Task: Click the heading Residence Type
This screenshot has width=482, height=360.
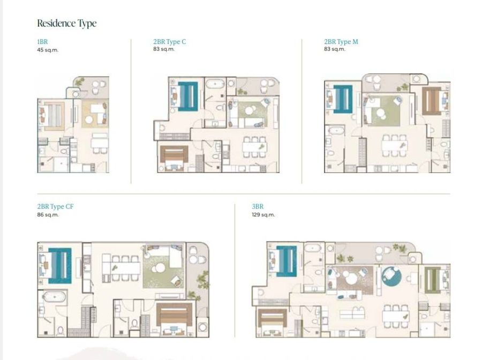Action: click(x=67, y=24)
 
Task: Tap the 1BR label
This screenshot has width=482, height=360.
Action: click(x=42, y=42)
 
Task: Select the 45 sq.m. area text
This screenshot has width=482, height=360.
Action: click(x=48, y=50)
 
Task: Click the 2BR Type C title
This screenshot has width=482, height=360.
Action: click(x=170, y=41)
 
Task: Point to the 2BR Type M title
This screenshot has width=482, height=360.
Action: click(x=341, y=41)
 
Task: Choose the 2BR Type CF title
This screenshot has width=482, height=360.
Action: click(x=55, y=207)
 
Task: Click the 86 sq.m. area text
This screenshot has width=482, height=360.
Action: click(x=48, y=215)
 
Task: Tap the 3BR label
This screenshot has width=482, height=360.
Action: click(x=258, y=207)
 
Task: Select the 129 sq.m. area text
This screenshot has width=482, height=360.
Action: click(x=263, y=215)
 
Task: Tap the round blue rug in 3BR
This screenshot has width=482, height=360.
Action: click(x=391, y=276)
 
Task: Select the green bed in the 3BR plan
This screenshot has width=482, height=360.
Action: click(x=432, y=280)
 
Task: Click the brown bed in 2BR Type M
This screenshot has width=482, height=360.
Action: click(x=432, y=101)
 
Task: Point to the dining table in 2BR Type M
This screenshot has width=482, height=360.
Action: click(x=395, y=145)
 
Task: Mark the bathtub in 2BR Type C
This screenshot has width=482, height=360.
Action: click(x=215, y=84)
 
